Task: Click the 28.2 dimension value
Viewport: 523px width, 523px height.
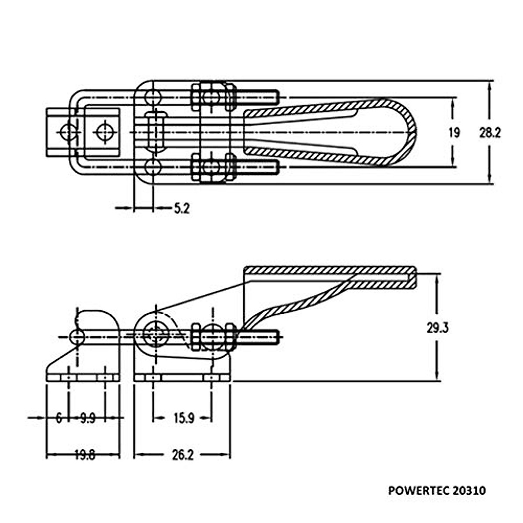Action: coord(490,132)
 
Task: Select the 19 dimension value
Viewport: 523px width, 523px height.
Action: coord(454,132)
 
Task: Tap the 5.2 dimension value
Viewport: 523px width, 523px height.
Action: coord(182,208)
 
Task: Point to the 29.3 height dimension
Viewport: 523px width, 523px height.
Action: coord(437,327)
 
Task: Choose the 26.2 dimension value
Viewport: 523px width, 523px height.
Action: coord(182,455)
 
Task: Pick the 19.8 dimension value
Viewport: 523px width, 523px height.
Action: coord(84,455)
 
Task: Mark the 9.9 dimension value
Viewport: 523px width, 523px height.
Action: coord(88,418)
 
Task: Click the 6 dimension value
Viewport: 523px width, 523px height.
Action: coord(59,418)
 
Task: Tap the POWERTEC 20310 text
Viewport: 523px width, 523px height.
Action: coord(436,491)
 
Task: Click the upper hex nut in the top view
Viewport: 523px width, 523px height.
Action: coord(211,96)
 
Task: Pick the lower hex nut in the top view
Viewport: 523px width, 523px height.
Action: coord(211,167)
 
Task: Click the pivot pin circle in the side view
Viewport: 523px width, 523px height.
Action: coord(155,335)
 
